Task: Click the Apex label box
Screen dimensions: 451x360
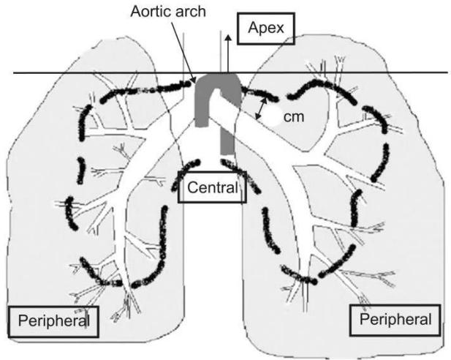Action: pos(266,29)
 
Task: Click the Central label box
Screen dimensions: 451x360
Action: pos(212,187)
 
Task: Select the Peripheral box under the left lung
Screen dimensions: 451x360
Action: pos(53,321)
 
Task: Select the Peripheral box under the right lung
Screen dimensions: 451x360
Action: pos(395,320)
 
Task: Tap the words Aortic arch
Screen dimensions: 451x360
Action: pos(168,12)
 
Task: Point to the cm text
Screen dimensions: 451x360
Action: pos(294,117)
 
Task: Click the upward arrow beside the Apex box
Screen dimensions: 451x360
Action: pos(228,53)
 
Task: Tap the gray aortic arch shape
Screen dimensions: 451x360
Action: pos(217,95)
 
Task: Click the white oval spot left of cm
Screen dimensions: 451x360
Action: pos(274,115)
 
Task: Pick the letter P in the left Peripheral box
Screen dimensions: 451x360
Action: pos(23,320)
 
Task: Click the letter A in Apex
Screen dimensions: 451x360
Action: pos(253,27)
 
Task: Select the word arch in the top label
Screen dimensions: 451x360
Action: pos(192,12)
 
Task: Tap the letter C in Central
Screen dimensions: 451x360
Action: pos(193,187)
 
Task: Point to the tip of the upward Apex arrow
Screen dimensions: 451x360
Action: pos(228,35)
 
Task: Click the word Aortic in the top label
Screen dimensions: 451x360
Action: pos(153,12)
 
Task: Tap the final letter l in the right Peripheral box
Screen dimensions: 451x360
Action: pos(429,319)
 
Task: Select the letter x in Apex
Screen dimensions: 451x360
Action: pos(279,29)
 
